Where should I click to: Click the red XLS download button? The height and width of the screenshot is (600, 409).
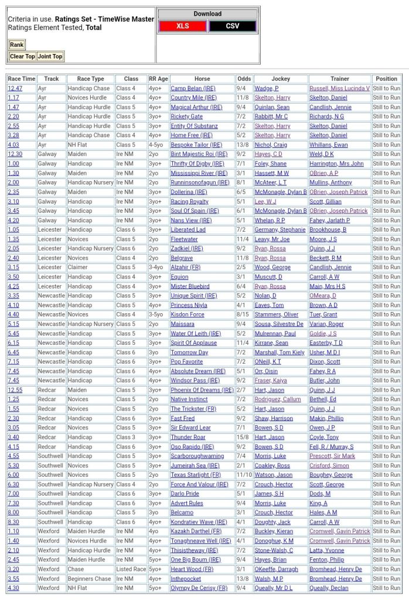click(182, 26)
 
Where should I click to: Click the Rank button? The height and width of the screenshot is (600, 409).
click(16, 45)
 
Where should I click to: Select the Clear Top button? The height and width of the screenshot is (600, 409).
click(22, 56)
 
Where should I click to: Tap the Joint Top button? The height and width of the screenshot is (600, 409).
click(50, 56)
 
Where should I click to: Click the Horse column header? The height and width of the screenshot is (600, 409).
click(202, 79)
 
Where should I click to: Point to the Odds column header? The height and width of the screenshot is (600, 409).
click(244, 79)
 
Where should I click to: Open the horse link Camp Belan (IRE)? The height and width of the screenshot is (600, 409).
click(193, 89)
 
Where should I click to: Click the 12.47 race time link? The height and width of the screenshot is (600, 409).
click(15, 89)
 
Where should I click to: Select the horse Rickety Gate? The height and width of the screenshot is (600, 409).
click(186, 117)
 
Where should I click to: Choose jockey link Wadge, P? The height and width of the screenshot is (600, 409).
click(267, 89)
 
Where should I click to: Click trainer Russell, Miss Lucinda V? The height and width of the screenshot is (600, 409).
click(339, 89)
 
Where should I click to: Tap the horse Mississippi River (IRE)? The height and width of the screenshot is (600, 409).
click(199, 173)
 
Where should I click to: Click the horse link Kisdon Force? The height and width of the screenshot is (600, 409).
click(188, 314)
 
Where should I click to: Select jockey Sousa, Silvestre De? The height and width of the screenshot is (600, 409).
click(279, 324)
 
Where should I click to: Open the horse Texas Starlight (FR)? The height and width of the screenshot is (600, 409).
click(196, 474)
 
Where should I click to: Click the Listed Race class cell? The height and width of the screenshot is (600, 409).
click(131, 569)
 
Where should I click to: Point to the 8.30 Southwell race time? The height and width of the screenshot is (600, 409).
click(13, 522)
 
